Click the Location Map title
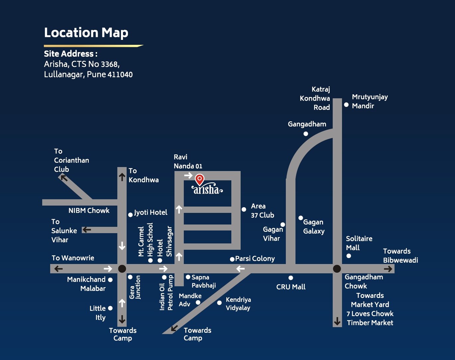pos(86,33)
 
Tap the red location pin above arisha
pos(199,179)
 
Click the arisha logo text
pos(207,189)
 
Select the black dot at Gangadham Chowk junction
pos(337,269)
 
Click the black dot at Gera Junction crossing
pos(122,269)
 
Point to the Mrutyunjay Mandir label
pos(370,101)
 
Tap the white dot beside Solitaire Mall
pos(349,256)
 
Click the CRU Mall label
pos(291,287)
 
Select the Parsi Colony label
pos(255,259)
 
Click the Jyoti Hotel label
pos(151,213)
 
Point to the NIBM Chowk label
pos(89,211)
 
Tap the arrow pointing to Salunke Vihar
pos(87,229)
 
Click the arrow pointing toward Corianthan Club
pos(63,178)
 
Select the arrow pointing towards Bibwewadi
pos(388,269)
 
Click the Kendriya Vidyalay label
pos(238,304)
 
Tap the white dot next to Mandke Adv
pos(198,302)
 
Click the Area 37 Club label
pos(262,211)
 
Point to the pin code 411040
pos(120,74)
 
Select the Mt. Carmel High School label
pos(146,240)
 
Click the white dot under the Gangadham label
pos(306,134)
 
